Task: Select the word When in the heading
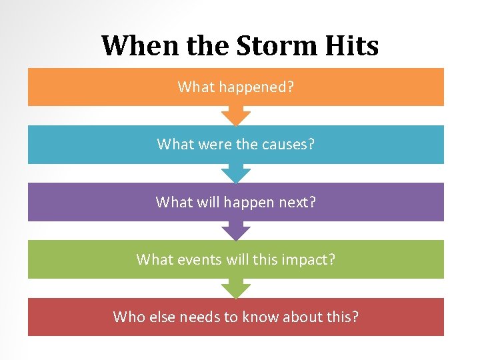pos(132,46)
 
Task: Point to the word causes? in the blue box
pos(286,144)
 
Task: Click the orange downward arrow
pos(235,116)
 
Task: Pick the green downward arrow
pos(235,289)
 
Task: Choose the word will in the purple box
pos(201,202)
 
